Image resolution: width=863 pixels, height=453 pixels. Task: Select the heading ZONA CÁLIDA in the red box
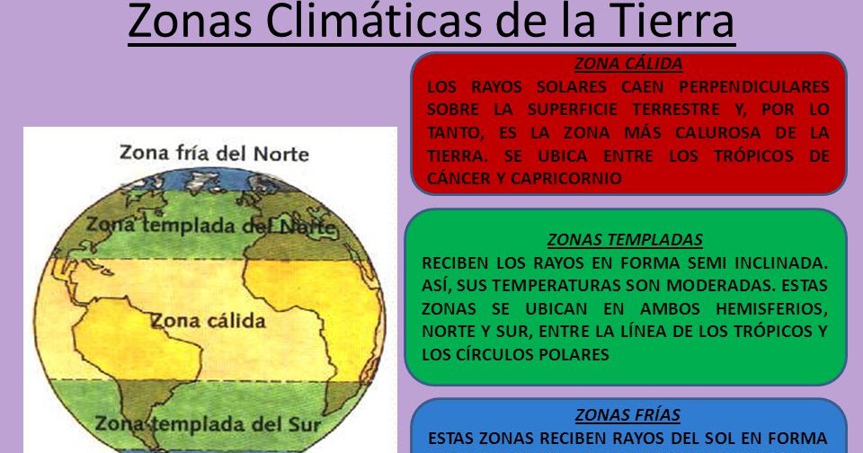coord(627,64)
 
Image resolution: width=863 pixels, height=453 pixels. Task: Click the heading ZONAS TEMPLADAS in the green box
coord(625,240)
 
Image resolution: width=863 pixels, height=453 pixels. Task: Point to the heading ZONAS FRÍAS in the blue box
coord(627,415)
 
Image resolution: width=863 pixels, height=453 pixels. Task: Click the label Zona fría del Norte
coord(214,153)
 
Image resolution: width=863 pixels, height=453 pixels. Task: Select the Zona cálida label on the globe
coord(208,321)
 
